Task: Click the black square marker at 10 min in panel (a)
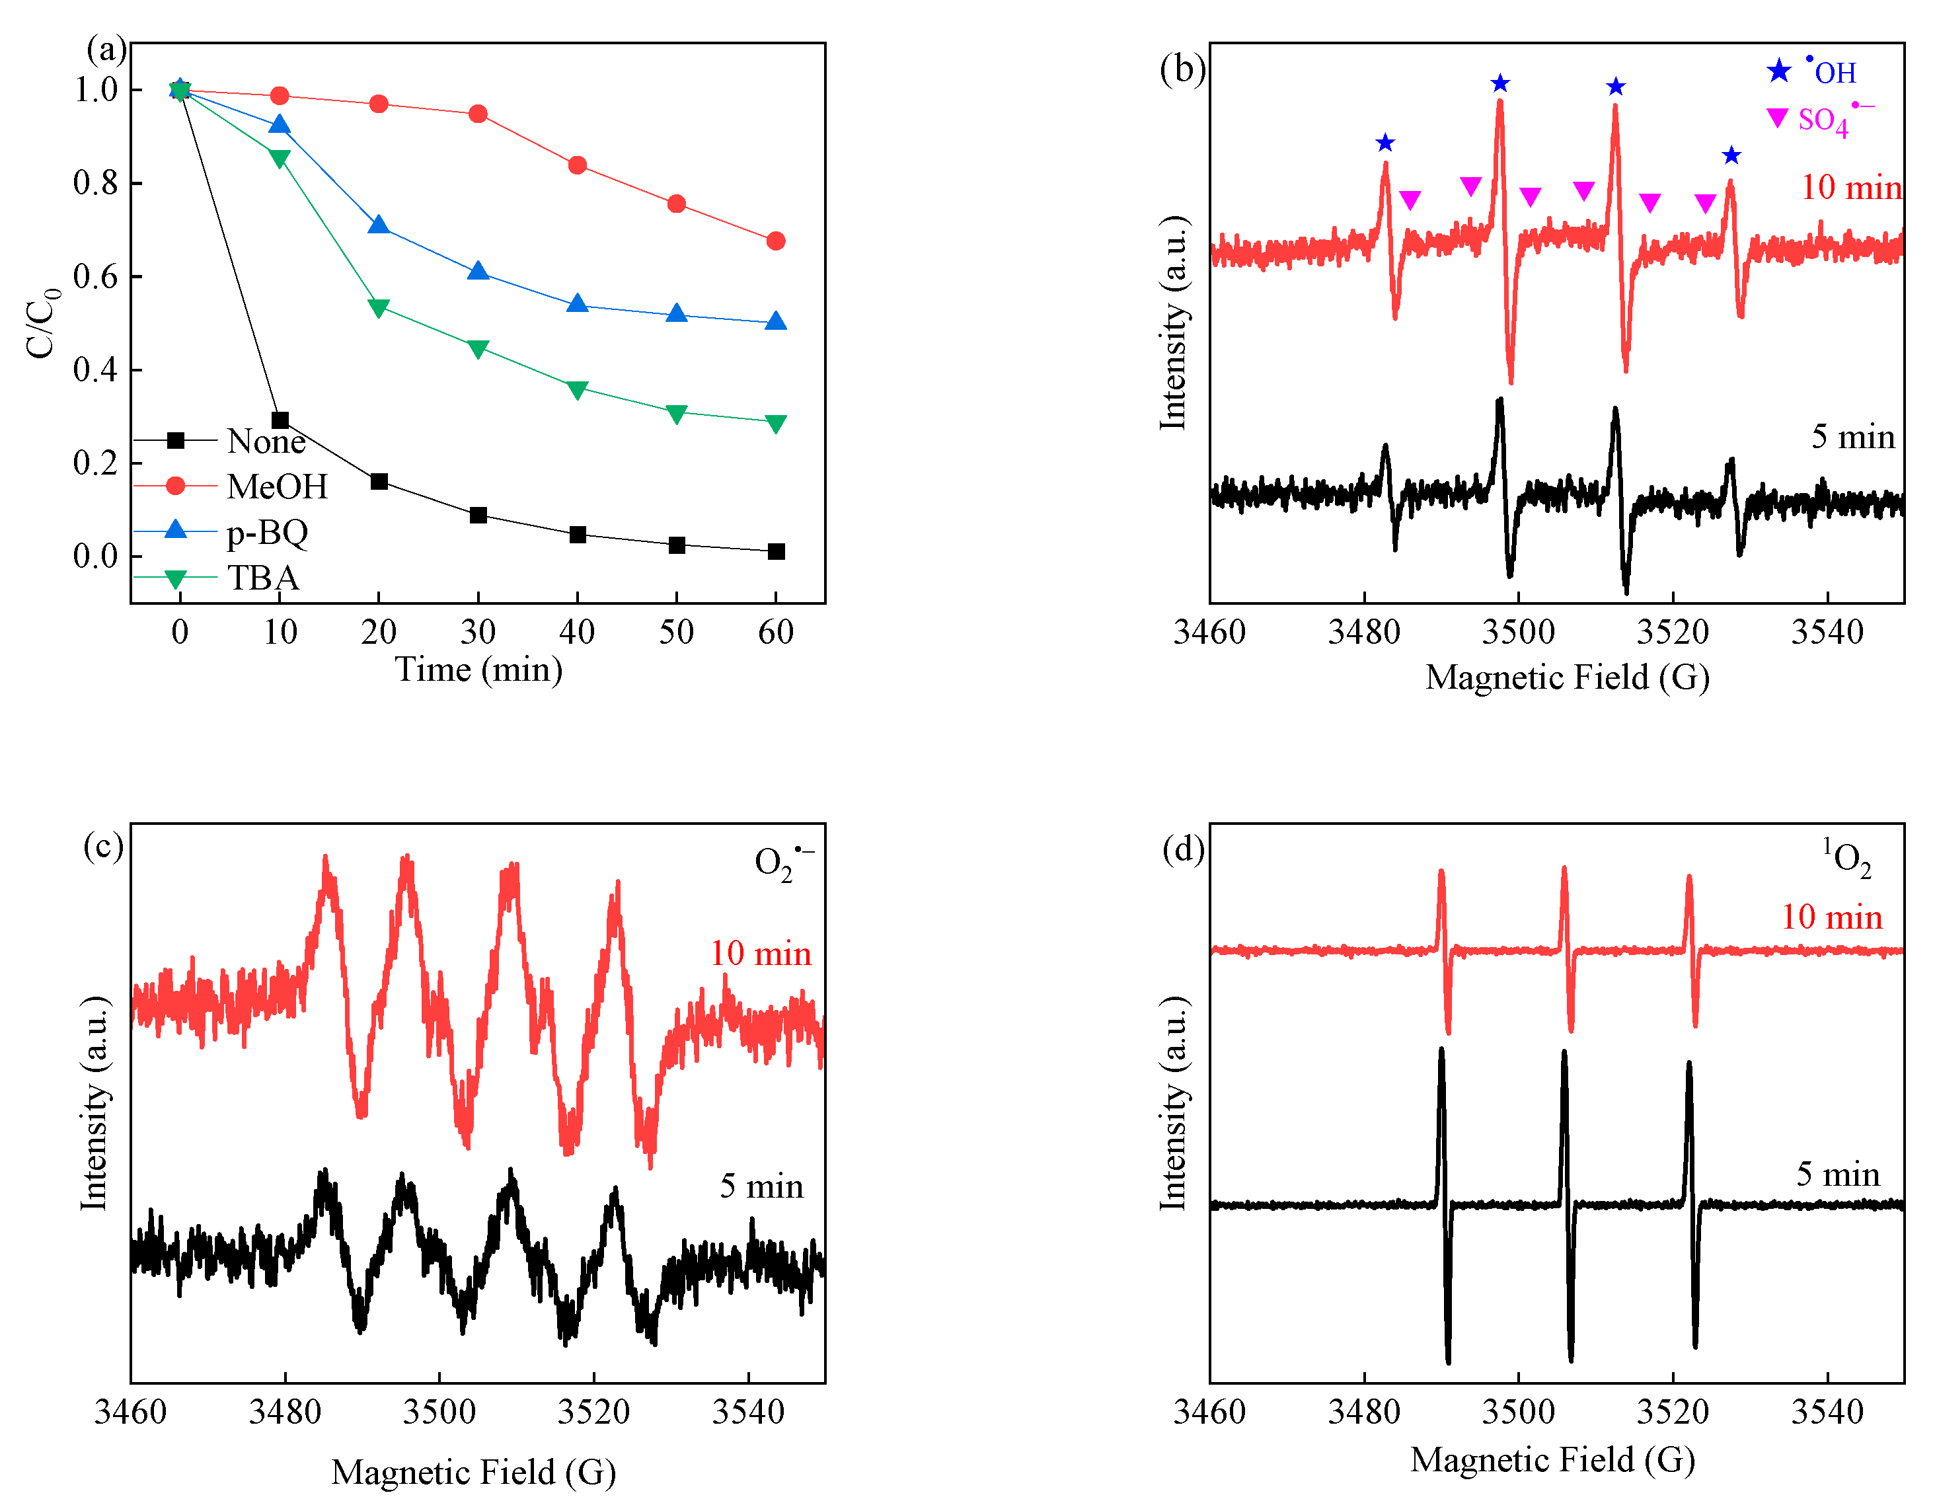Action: coord(280,420)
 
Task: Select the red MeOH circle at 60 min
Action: coord(775,241)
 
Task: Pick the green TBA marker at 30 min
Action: coord(478,349)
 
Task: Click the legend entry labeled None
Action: coord(266,440)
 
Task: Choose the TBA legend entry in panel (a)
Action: coord(262,578)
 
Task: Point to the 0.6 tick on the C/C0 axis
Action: coord(96,276)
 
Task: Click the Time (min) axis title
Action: coord(478,669)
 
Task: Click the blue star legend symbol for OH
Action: coord(1778,71)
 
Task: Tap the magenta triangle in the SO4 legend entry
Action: coord(1777,118)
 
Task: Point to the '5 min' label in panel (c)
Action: coord(761,1186)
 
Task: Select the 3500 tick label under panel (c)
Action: coord(439,1412)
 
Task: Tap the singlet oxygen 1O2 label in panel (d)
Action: coord(1846,857)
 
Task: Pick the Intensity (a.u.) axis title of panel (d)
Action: coord(1173,1102)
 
